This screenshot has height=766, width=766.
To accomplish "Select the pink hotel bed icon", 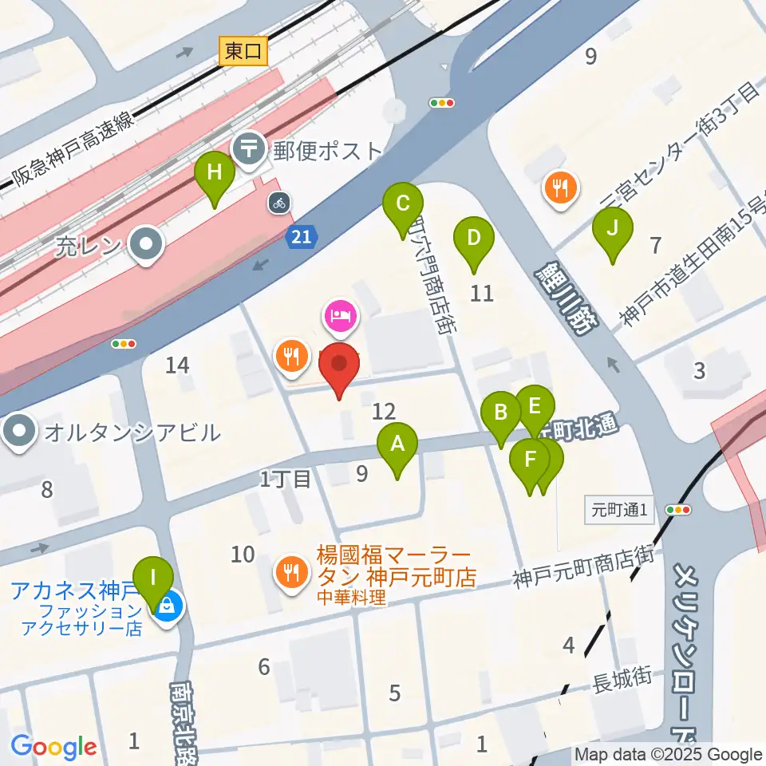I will [x=341, y=316].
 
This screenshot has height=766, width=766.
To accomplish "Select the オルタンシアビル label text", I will [x=132, y=433].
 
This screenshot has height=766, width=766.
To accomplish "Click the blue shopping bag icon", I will [x=169, y=606].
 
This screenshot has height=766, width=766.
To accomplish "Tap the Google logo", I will [x=53, y=748].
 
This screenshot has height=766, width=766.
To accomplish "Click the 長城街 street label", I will [x=622, y=679].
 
